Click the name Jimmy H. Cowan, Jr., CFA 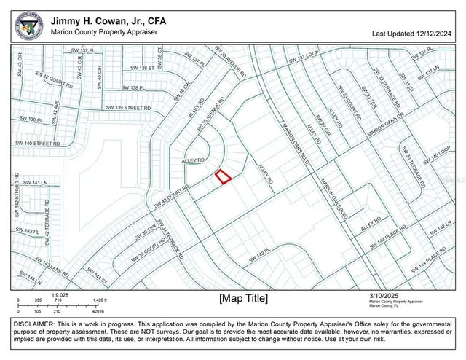(x=108, y=21)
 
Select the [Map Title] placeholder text (x=243, y=298)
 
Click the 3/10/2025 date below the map (x=385, y=294)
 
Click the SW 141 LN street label (x=34, y=183)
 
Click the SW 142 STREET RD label (x=15, y=196)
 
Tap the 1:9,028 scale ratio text (x=60, y=294)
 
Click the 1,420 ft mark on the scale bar (x=100, y=300)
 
